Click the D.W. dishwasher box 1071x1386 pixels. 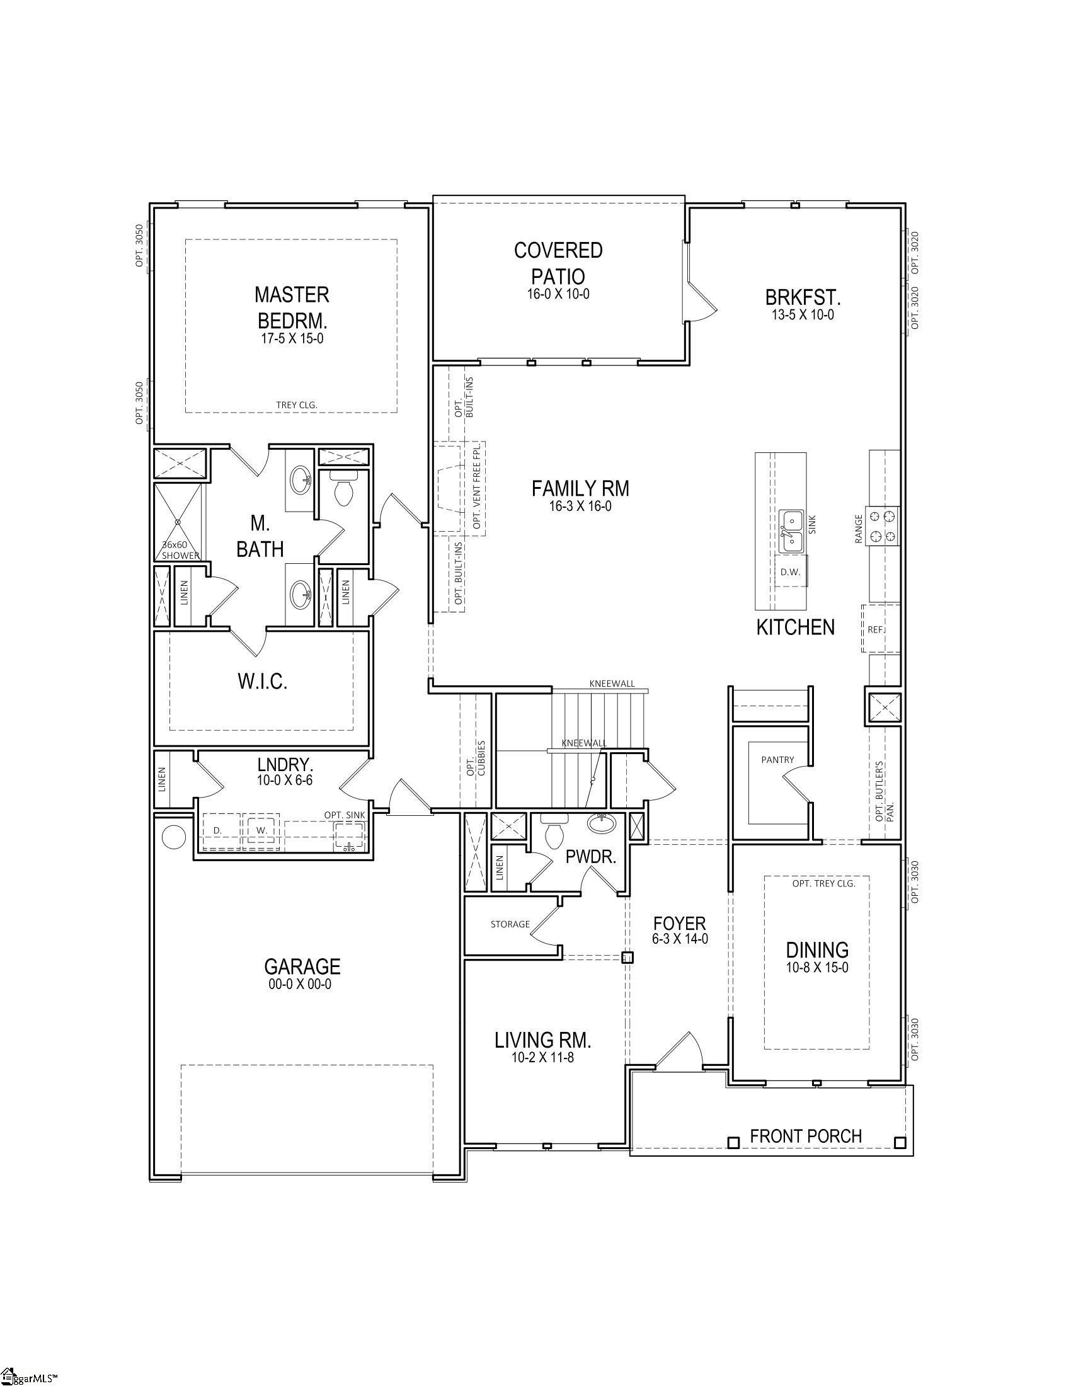[790, 572]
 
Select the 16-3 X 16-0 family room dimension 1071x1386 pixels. [581, 507]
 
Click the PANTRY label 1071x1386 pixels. [777, 760]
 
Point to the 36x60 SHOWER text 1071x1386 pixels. [180, 549]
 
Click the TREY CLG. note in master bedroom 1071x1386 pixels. [296, 405]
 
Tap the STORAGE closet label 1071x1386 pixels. [510, 924]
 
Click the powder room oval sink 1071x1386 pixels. [601, 824]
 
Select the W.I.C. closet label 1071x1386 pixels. [263, 682]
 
